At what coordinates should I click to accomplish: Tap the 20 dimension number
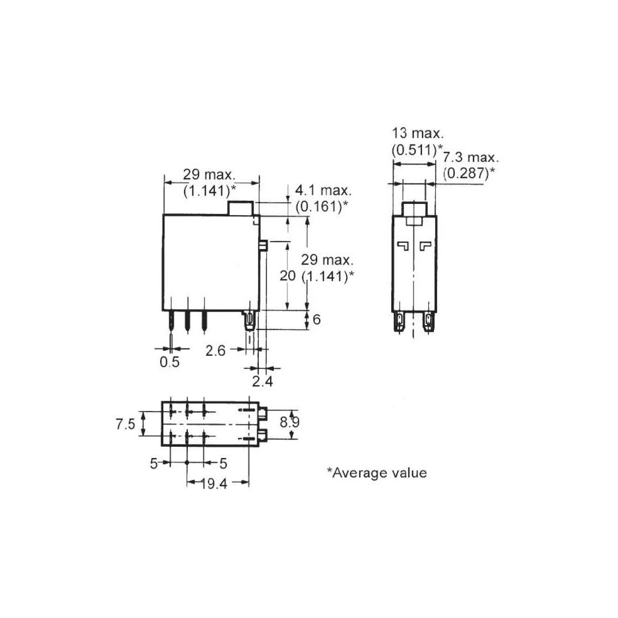coord(287,276)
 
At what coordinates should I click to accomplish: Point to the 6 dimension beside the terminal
coord(317,320)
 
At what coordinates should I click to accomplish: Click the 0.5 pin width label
coord(169,362)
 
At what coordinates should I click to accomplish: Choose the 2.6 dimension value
coord(216,350)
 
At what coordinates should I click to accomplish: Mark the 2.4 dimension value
coord(262,381)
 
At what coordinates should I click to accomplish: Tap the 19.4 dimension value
coord(214,484)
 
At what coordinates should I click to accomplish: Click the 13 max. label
coord(417,133)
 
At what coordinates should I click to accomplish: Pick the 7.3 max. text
coord(469,158)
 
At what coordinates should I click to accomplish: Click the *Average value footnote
coord(376,473)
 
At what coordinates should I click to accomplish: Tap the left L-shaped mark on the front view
coord(403,246)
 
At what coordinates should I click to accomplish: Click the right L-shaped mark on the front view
coord(425,246)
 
